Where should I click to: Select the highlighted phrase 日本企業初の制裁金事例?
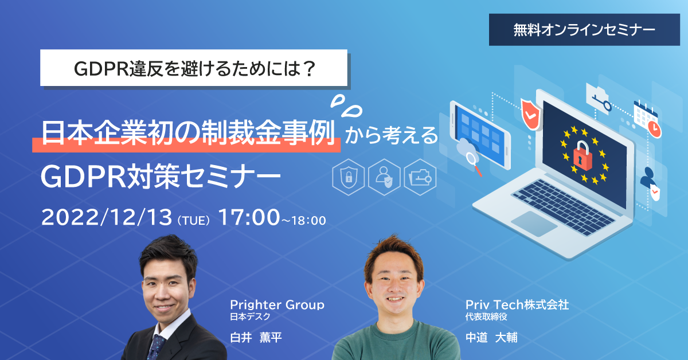point(189,136)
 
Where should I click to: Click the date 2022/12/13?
point(107,218)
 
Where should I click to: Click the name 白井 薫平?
point(256,337)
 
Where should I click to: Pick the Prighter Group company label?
point(277,305)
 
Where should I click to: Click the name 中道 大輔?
point(491,337)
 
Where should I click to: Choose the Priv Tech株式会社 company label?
point(517,305)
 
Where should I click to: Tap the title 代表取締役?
point(486,316)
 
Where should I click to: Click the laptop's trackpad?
point(534,222)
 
